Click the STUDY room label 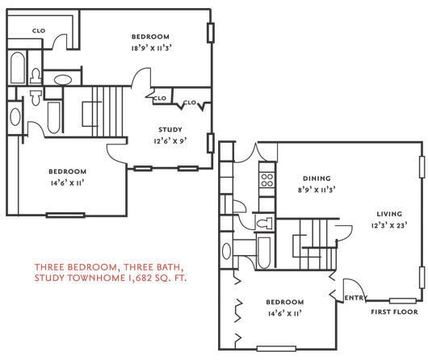(x=170, y=129)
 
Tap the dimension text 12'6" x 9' (x=170, y=140)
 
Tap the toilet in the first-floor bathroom (x=262, y=221)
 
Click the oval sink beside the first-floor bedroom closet (x=227, y=250)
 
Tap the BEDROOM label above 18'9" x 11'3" (x=150, y=36)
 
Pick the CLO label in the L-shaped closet (x=38, y=31)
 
